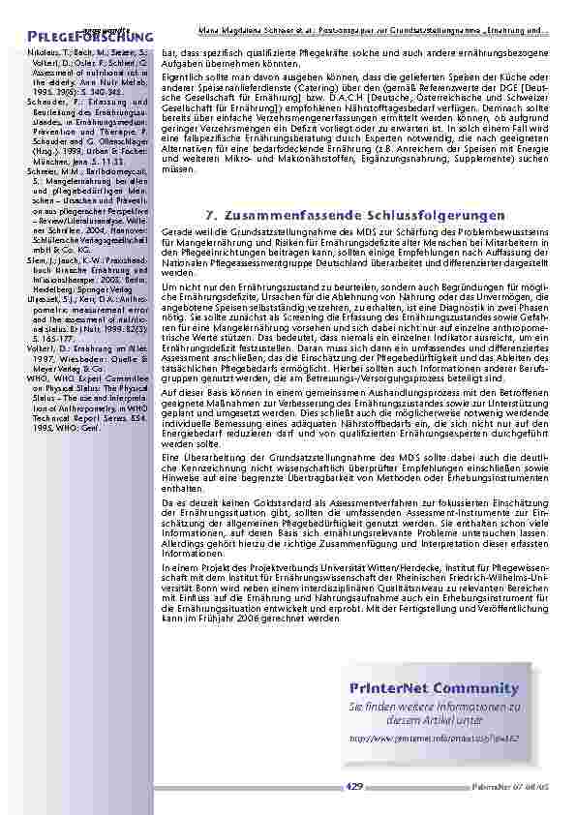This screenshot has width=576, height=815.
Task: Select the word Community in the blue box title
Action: coord(461,687)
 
